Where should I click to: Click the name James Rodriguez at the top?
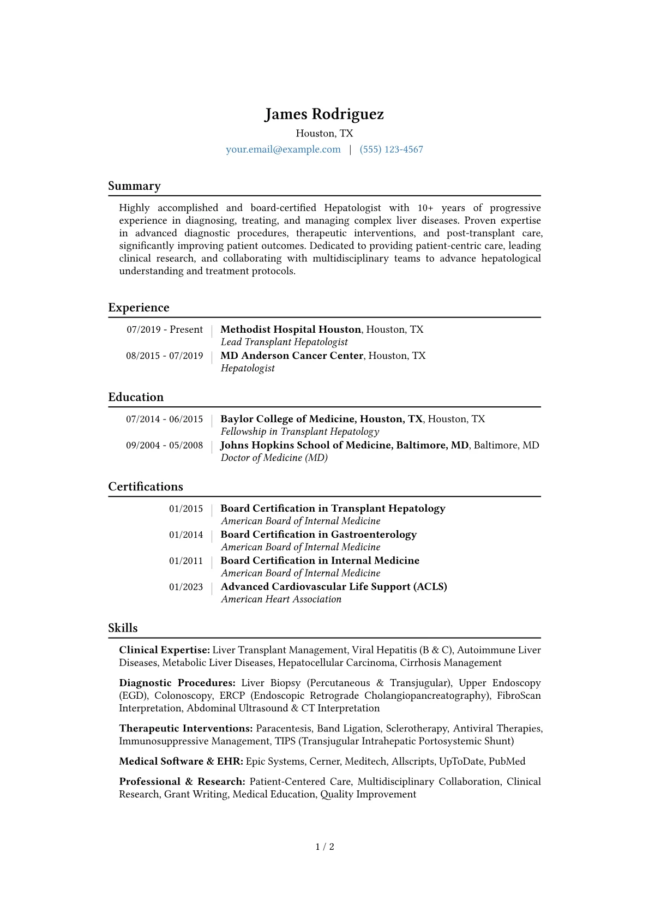point(324,114)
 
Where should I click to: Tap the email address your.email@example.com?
point(283,149)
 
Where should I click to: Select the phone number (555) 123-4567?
point(391,149)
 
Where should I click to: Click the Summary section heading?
point(134,186)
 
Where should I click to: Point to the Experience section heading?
point(139,308)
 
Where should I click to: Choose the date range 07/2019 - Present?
point(165,329)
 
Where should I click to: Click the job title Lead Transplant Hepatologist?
point(284,342)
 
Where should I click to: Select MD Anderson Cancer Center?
point(292,356)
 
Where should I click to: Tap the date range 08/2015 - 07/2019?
point(165,356)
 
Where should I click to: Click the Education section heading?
point(136,397)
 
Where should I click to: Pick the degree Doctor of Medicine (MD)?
point(274,458)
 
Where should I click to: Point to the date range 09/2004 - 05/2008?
point(165,445)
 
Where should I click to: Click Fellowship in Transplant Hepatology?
point(299,431)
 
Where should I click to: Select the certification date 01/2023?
point(186,587)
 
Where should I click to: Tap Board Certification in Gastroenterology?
point(319,535)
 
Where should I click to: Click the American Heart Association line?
point(281,599)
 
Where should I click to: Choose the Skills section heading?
point(123,628)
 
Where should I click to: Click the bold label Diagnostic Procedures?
point(177,683)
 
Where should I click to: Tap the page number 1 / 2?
point(324,847)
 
